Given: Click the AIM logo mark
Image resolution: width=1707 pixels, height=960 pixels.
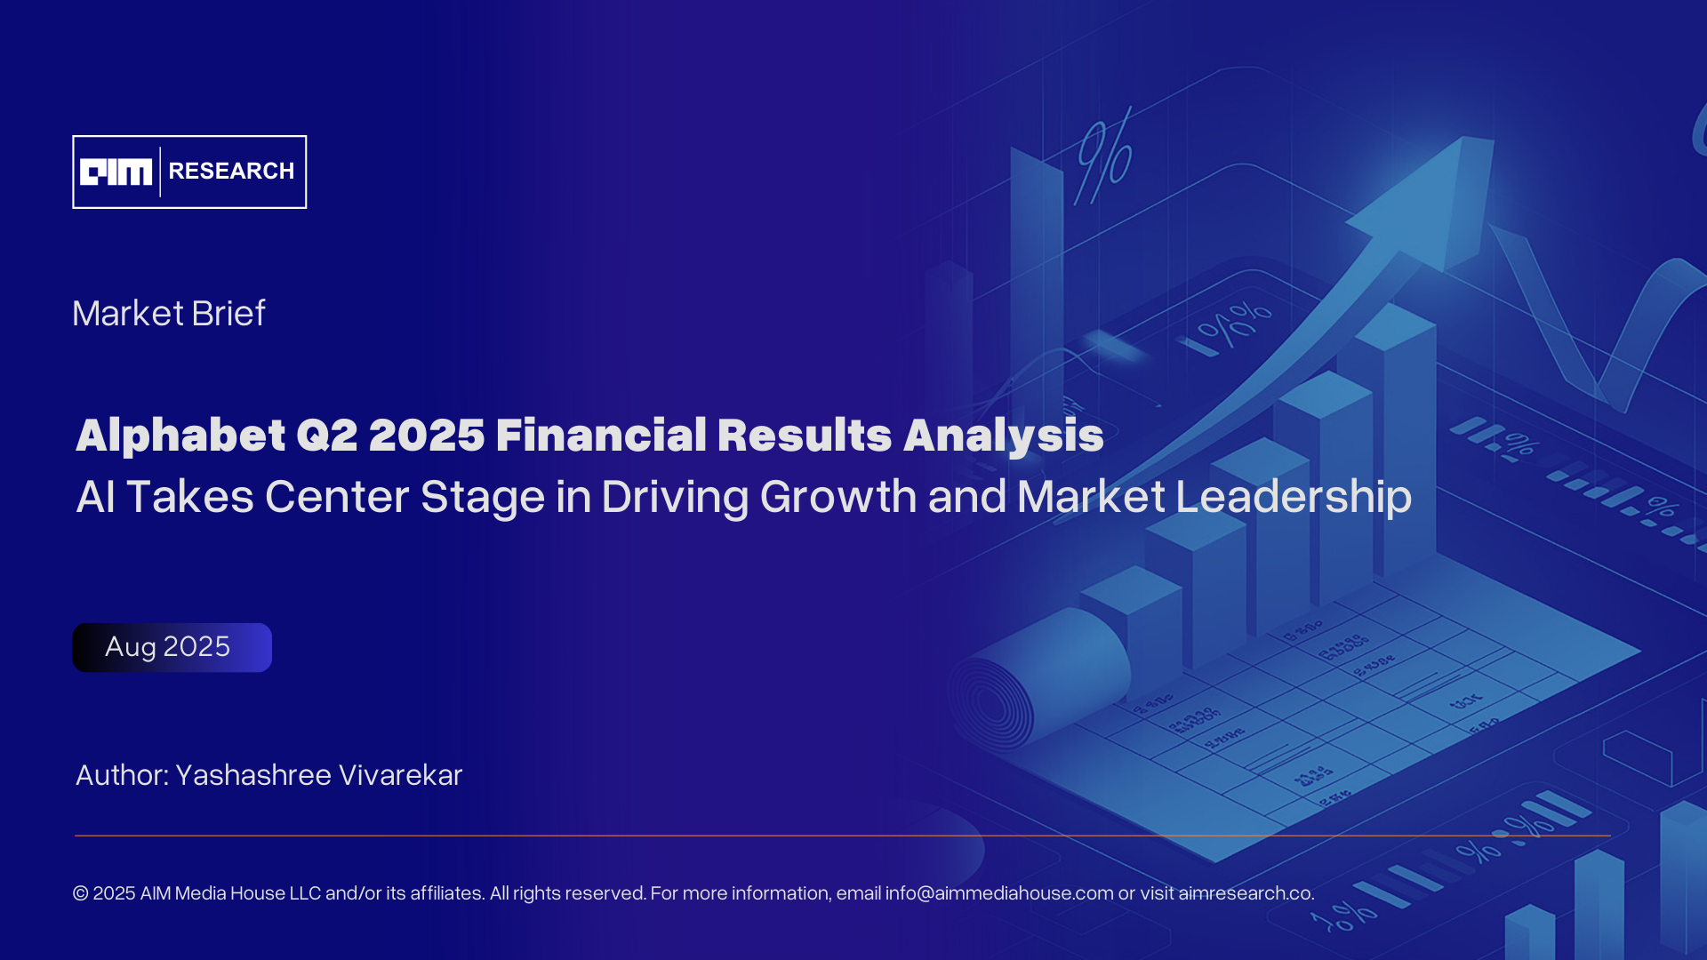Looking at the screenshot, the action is (x=116, y=172).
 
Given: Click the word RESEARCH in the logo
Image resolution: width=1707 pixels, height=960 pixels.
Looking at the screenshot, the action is (x=231, y=172).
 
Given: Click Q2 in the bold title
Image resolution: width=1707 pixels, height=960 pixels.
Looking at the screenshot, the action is (x=327, y=436).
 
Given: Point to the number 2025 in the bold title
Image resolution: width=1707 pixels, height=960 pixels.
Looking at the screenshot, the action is (x=427, y=436).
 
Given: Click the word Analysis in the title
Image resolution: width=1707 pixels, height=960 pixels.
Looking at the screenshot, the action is (x=1004, y=436).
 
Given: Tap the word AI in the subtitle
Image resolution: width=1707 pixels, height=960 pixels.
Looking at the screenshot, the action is (x=96, y=496).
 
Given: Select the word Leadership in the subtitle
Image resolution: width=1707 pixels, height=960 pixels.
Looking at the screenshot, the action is (x=1294, y=497).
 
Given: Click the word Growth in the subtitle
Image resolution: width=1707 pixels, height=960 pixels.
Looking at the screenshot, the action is (x=838, y=496).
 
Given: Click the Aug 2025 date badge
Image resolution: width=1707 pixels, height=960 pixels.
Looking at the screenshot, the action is (x=172, y=647).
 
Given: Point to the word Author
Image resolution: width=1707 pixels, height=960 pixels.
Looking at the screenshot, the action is (x=123, y=775).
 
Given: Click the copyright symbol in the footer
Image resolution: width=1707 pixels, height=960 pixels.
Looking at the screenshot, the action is (x=81, y=893).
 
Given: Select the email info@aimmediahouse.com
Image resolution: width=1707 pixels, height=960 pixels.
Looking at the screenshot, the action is (x=999, y=893).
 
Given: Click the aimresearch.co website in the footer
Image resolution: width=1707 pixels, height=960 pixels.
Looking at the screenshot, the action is (x=1246, y=893).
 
